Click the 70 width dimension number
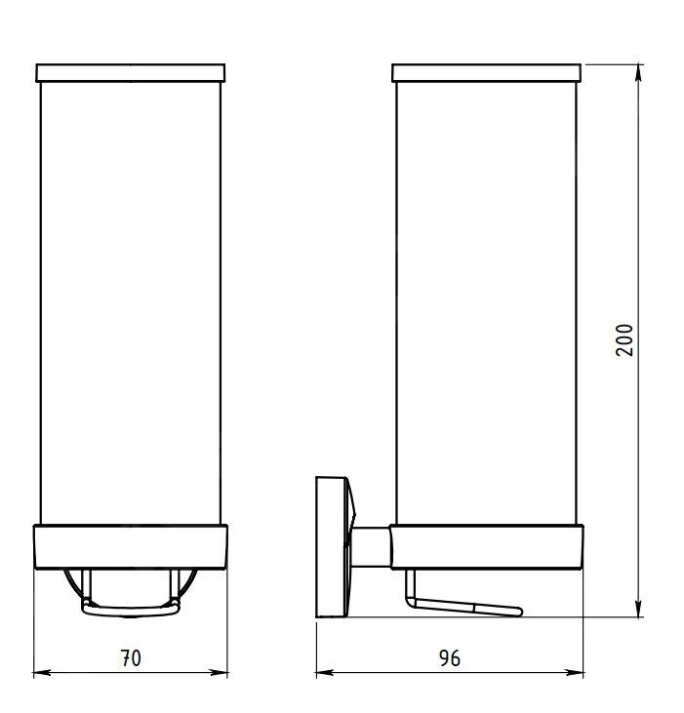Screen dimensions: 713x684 click(x=131, y=658)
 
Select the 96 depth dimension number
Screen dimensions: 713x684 click(x=450, y=658)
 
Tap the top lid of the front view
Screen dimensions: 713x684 click(x=131, y=73)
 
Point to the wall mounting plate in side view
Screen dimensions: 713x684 click(x=330, y=546)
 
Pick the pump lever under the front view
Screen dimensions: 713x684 click(x=131, y=610)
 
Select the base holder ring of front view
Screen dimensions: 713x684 click(x=131, y=547)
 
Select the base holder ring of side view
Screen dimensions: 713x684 click(x=488, y=547)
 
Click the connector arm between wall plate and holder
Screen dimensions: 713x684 click(x=372, y=546)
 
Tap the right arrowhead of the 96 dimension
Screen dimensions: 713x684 click(x=579, y=672)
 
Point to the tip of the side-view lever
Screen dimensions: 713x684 click(x=519, y=612)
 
